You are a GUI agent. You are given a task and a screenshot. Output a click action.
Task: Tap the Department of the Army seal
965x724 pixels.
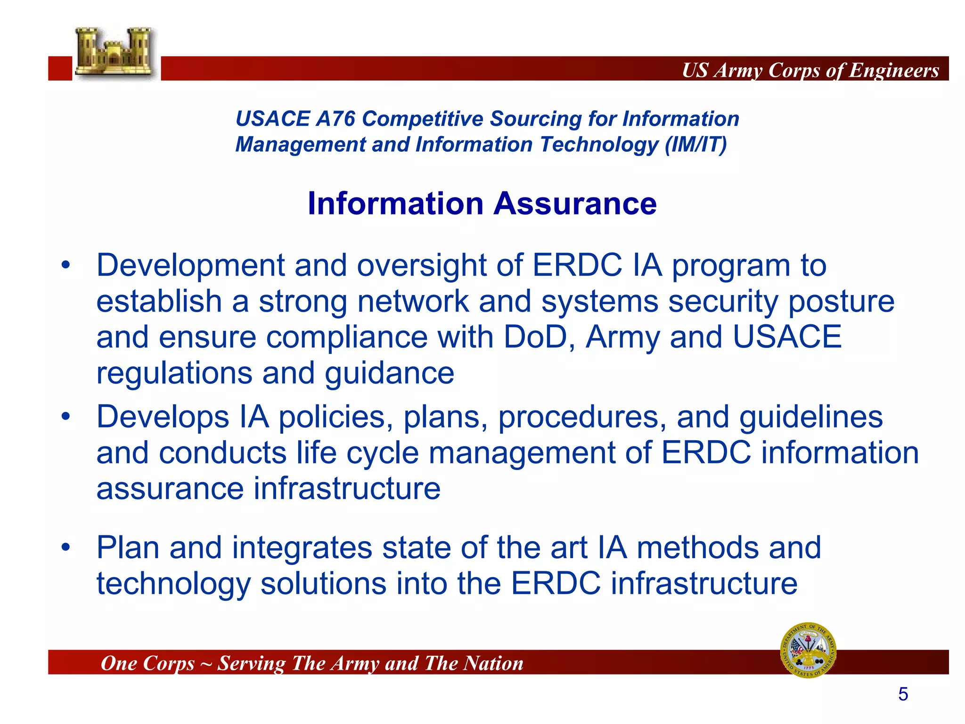(x=809, y=650)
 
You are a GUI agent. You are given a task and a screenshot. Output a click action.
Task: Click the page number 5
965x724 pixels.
(x=903, y=694)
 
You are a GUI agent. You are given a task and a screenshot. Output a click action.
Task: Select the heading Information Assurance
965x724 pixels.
(x=482, y=204)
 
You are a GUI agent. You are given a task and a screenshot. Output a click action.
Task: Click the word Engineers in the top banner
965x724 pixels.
(x=894, y=71)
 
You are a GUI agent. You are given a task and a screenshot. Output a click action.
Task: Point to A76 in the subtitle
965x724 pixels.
(x=335, y=119)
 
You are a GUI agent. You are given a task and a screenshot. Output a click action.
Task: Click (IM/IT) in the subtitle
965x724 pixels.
(x=695, y=144)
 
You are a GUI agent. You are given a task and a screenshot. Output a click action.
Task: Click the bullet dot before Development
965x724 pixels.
(x=66, y=265)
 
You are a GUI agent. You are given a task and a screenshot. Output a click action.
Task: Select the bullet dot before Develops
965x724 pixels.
(x=66, y=417)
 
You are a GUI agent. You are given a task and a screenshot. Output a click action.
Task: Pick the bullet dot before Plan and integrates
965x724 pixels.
(x=66, y=547)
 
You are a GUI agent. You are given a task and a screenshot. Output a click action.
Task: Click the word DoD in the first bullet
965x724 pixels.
(x=535, y=337)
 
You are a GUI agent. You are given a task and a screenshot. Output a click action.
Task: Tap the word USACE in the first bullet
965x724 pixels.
(x=787, y=337)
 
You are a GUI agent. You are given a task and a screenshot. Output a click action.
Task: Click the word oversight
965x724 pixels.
(x=422, y=265)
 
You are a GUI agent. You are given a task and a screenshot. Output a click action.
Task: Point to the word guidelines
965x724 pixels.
(x=810, y=417)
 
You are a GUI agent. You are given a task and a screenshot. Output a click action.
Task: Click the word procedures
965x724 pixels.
(x=582, y=418)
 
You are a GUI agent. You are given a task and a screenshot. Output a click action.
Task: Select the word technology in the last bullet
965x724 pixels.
(x=173, y=584)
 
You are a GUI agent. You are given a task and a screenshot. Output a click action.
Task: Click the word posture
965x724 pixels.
(x=842, y=302)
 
